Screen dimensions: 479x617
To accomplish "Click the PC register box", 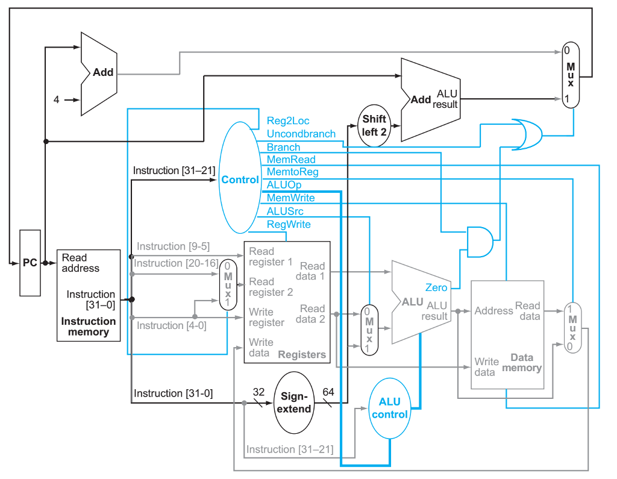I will coord(30,263).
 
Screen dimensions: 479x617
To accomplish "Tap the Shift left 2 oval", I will coord(374,125).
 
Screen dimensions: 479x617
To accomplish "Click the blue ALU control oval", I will coord(389,408).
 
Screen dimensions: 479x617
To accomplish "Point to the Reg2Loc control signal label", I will coord(287,121).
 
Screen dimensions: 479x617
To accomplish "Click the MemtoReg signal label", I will coord(292,172).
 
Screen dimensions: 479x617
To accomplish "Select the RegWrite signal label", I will coord(289,224).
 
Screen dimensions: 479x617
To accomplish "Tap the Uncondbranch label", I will coord(301,134).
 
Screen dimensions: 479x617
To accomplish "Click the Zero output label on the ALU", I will coord(436,287).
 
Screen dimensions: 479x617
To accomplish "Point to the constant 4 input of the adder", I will coord(57,100).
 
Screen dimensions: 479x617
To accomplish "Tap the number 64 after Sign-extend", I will coord(328,391).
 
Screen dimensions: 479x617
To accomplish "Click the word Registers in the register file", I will coord(302,354).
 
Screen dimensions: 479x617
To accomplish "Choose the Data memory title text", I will coord(522,362).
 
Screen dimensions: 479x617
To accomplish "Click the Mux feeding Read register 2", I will coord(227,284).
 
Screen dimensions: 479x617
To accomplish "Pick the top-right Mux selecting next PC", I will coord(570,75).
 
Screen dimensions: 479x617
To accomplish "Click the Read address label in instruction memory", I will coord(80,263).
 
